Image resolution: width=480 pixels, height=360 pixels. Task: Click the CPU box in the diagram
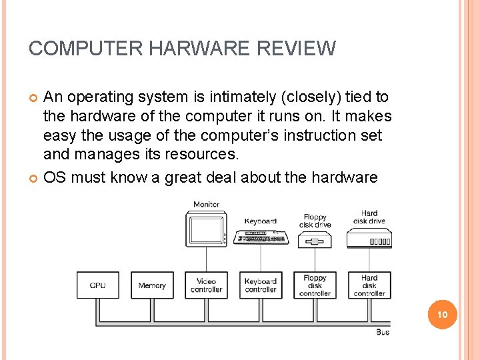97,285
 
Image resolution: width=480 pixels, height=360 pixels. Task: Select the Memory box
152,285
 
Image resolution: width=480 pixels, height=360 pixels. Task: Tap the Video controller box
206,285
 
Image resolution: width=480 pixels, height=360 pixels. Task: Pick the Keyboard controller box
260,285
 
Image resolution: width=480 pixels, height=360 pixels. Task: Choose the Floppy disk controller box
315,285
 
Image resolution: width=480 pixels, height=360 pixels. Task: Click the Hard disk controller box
369,285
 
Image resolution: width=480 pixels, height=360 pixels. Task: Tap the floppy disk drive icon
315,240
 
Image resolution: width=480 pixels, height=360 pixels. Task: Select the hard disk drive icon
369,239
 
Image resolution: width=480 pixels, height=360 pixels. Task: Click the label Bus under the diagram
383,331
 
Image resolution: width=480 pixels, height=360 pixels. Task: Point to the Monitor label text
206,204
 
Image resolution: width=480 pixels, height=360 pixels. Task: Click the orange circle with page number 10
443,315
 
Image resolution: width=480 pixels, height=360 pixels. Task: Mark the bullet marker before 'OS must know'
33,178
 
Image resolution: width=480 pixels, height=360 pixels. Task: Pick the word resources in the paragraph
203,155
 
